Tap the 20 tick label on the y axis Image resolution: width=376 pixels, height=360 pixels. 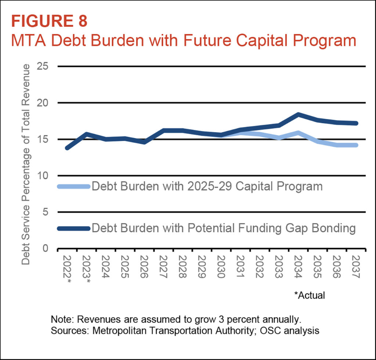coord(44,103)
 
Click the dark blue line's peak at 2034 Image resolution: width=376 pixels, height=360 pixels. coord(298,115)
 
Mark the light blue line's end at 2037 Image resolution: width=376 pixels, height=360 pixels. coord(355,145)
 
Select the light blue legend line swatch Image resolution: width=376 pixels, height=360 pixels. coord(73,186)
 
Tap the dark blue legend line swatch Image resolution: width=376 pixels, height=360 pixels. coord(73,228)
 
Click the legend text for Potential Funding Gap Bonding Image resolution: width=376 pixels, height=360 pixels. coord(224,228)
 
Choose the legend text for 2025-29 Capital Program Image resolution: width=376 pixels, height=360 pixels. coord(207,186)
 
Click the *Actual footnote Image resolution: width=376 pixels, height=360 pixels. coord(310,295)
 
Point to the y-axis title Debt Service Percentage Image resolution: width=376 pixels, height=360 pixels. coord(26,164)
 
